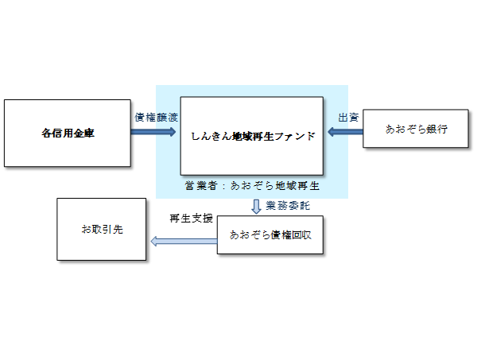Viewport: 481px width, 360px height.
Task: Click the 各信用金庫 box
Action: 67,133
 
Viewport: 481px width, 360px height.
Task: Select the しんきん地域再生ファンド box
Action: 251,135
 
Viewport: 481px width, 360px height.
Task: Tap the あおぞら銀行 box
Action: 412,127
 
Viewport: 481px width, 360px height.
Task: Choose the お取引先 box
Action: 102,229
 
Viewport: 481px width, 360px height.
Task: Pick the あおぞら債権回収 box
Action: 270,234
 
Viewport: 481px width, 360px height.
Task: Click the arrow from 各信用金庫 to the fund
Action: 154,131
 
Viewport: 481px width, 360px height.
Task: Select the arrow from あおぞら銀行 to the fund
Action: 343,132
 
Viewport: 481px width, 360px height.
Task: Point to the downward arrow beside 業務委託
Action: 256,207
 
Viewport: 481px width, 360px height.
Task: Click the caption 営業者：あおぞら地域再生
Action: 251,186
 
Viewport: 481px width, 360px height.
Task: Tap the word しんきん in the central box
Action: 210,136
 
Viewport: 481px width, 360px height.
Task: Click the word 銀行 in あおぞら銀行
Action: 435,128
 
